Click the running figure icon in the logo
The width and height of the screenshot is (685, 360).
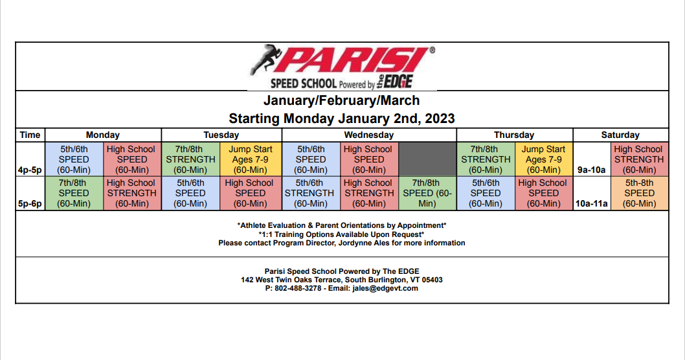[264, 59]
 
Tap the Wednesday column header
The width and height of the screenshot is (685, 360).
[368, 135]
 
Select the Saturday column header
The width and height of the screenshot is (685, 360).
[620, 135]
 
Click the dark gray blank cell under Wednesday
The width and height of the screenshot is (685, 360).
[427, 159]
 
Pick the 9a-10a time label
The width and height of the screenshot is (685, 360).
[592, 170]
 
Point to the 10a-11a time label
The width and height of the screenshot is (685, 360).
[592, 203]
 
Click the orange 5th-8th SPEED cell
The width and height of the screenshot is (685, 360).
[640, 193]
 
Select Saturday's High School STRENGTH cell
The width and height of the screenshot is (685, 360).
[640, 159]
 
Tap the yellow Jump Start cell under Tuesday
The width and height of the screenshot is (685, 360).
[251, 159]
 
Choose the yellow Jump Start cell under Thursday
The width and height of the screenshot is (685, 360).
[543, 159]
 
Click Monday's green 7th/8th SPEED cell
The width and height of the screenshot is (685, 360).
[74, 193]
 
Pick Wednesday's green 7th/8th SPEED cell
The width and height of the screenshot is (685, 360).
[427, 193]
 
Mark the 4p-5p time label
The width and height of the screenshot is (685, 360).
[30, 170]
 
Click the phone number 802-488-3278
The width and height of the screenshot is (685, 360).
[298, 288]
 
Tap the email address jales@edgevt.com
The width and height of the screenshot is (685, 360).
[385, 288]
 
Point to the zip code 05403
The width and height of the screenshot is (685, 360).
[431, 280]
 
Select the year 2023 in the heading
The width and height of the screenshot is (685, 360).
[440, 118]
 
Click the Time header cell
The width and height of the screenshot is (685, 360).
[30, 135]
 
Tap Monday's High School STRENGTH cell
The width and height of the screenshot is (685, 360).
[132, 193]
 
